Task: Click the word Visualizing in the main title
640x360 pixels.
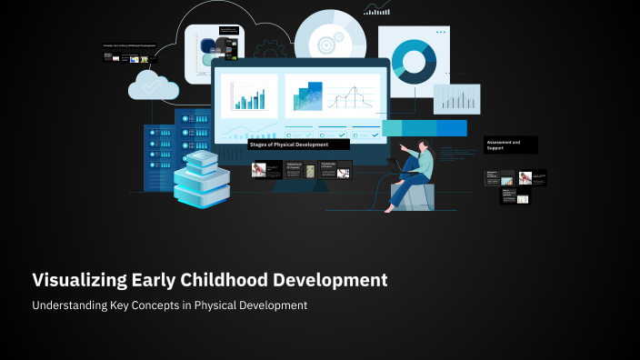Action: tap(79, 280)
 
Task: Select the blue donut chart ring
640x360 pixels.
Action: tap(415, 61)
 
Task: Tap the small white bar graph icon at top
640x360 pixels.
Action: tap(376, 10)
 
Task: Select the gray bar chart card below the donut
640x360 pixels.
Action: tap(456, 98)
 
